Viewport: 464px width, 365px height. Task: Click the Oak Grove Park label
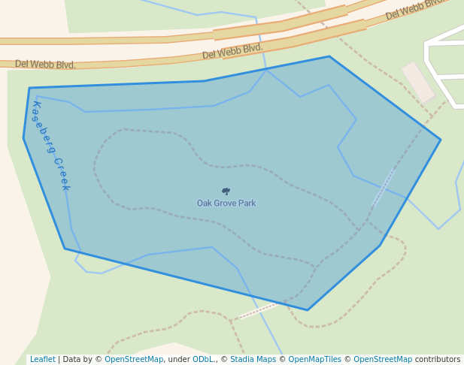point(226,204)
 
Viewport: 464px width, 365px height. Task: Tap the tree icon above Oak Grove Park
point(226,192)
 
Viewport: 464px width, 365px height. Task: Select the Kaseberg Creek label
point(50,146)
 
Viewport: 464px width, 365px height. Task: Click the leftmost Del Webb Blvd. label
point(45,65)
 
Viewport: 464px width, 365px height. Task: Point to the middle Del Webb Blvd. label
point(232,51)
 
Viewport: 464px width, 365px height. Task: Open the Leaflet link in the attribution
point(43,360)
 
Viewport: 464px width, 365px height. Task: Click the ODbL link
point(203,360)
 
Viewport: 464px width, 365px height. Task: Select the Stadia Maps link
point(253,360)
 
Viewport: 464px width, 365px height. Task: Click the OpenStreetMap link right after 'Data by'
point(134,360)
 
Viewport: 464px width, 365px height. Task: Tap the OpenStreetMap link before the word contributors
point(383,360)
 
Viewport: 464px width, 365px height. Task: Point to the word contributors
point(438,360)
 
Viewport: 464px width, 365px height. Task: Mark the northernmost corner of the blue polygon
point(329,56)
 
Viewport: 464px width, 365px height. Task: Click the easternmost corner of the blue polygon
point(440,140)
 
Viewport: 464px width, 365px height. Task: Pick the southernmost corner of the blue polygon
point(307,309)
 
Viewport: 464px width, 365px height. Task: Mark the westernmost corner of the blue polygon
point(23,138)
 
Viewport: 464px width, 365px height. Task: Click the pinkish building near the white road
point(418,83)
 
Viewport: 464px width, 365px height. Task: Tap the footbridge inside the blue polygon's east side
point(384,188)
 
